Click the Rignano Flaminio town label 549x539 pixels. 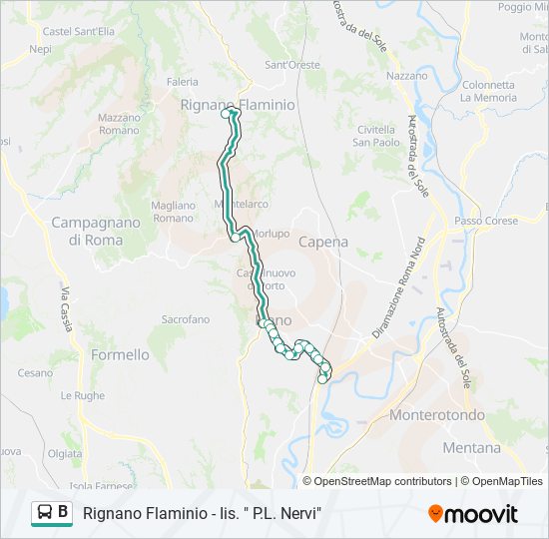tap(238, 104)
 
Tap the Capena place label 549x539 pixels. tap(324, 242)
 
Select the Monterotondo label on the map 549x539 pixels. tap(437, 414)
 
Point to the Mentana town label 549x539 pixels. tap(471, 448)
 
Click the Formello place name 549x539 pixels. tap(120, 354)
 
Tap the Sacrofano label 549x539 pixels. tap(186, 319)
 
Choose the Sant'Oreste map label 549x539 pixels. tap(292, 65)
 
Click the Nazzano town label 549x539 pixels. tap(406, 75)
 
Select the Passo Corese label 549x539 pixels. tap(486, 221)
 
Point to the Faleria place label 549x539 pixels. tap(183, 82)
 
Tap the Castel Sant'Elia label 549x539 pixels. tap(79, 32)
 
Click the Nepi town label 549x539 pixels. tap(41, 48)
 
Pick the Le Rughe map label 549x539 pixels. tap(82, 395)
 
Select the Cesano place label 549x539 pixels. tap(35, 372)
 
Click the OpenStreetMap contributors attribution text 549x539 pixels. tap(383, 481)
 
